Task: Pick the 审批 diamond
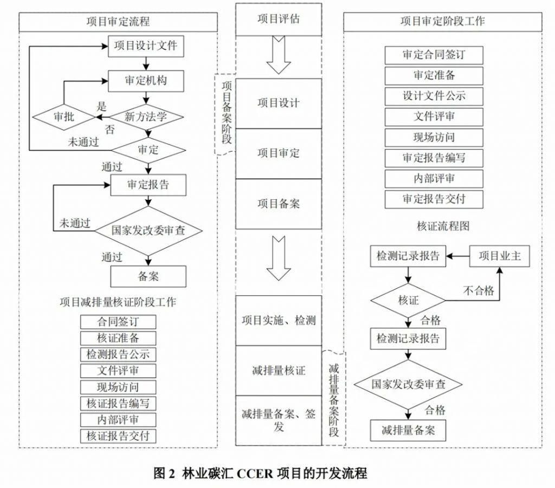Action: coord(64,116)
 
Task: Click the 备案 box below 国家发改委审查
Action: coord(148,276)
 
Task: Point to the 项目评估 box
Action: coord(278,19)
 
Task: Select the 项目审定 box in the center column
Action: coord(278,153)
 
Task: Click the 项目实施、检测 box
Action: coord(278,320)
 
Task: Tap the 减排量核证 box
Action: coord(278,370)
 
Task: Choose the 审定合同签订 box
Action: coord(434,55)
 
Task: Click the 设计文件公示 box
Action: coord(434,96)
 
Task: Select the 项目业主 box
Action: coord(499,256)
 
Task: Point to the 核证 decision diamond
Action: coord(408,300)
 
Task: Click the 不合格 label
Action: coord(478,290)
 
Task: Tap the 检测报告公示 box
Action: coord(118,355)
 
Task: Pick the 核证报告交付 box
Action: coord(118,435)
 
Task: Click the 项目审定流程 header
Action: coord(118,22)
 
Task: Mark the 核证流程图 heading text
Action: coord(443,226)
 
